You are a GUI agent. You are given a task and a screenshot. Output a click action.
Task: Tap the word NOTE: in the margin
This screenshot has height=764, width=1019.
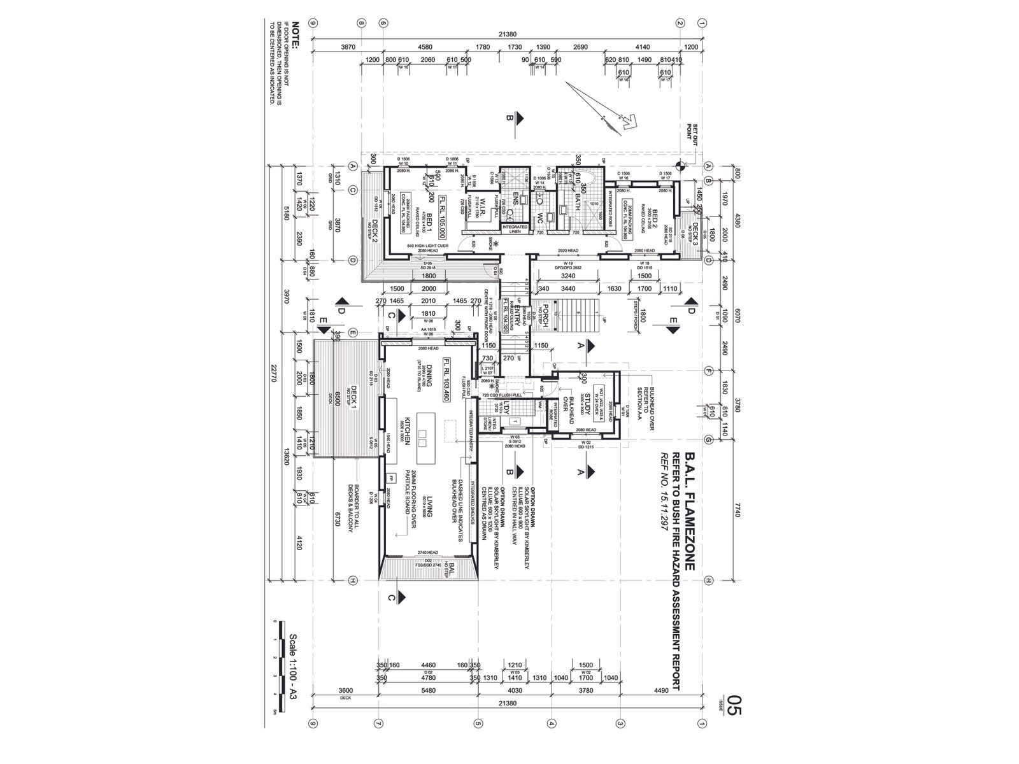(294, 36)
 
